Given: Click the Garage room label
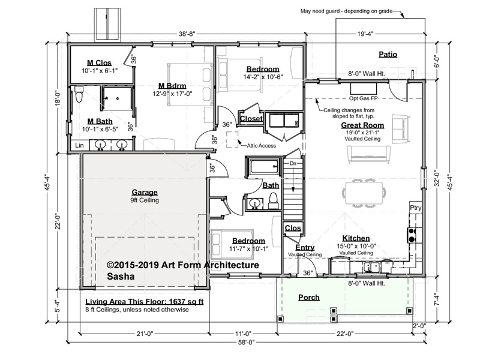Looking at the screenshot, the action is (x=145, y=192).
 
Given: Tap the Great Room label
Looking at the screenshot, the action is (x=362, y=125).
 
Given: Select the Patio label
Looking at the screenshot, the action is (x=388, y=54).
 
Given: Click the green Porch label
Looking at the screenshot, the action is (x=309, y=297).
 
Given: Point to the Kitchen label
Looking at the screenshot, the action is (x=356, y=238).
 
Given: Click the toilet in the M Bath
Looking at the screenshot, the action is (x=79, y=94).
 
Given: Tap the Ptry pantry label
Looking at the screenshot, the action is (x=415, y=208).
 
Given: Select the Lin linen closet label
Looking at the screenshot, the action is (x=79, y=145).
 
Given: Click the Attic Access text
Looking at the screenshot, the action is (x=261, y=146).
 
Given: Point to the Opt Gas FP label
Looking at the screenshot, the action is (x=364, y=98).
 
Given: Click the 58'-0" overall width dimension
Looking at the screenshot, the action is (x=246, y=342).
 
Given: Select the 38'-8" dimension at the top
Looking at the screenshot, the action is (x=187, y=34).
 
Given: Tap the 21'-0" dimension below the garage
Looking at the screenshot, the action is (x=145, y=334).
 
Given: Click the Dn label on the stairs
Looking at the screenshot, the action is (x=293, y=163).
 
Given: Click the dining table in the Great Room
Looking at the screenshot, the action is (x=364, y=193).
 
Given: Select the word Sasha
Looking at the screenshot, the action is (x=121, y=277).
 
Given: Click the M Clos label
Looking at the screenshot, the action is (x=99, y=63).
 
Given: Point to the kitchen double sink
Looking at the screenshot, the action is (x=371, y=267).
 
